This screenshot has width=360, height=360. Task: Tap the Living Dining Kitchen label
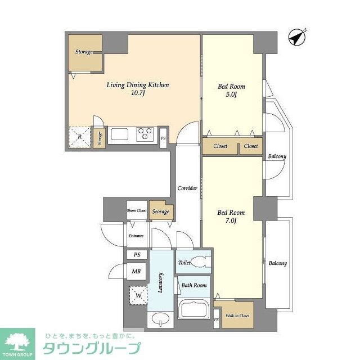(x=138, y=89)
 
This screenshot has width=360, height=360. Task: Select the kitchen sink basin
(x=120, y=134)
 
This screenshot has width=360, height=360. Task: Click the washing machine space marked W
(x=137, y=294)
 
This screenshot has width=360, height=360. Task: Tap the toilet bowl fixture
(x=198, y=262)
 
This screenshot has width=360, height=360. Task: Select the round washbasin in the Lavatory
(x=160, y=319)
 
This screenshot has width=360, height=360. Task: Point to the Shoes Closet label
(x=137, y=211)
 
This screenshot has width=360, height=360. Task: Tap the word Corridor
(x=187, y=188)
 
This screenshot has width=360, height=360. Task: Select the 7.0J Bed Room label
(x=231, y=217)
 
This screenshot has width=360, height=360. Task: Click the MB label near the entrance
(x=136, y=272)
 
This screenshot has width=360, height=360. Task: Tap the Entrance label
(x=136, y=236)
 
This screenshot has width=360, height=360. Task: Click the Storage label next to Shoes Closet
(x=161, y=211)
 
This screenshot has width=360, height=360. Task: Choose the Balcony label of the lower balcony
(x=277, y=263)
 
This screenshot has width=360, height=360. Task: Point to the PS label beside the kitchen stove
(x=163, y=138)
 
